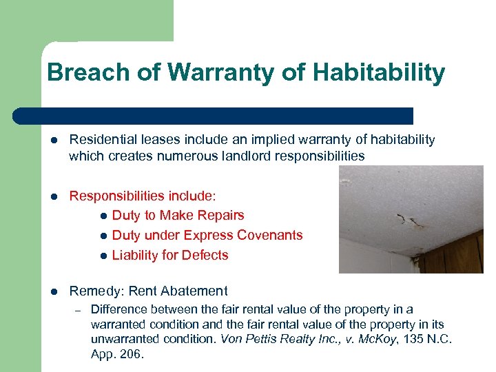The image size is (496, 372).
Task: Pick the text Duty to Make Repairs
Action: click(x=178, y=216)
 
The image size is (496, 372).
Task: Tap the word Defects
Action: click(x=207, y=255)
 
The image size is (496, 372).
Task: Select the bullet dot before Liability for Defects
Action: click(x=103, y=256)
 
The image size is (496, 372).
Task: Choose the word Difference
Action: click(x=119, y=309)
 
